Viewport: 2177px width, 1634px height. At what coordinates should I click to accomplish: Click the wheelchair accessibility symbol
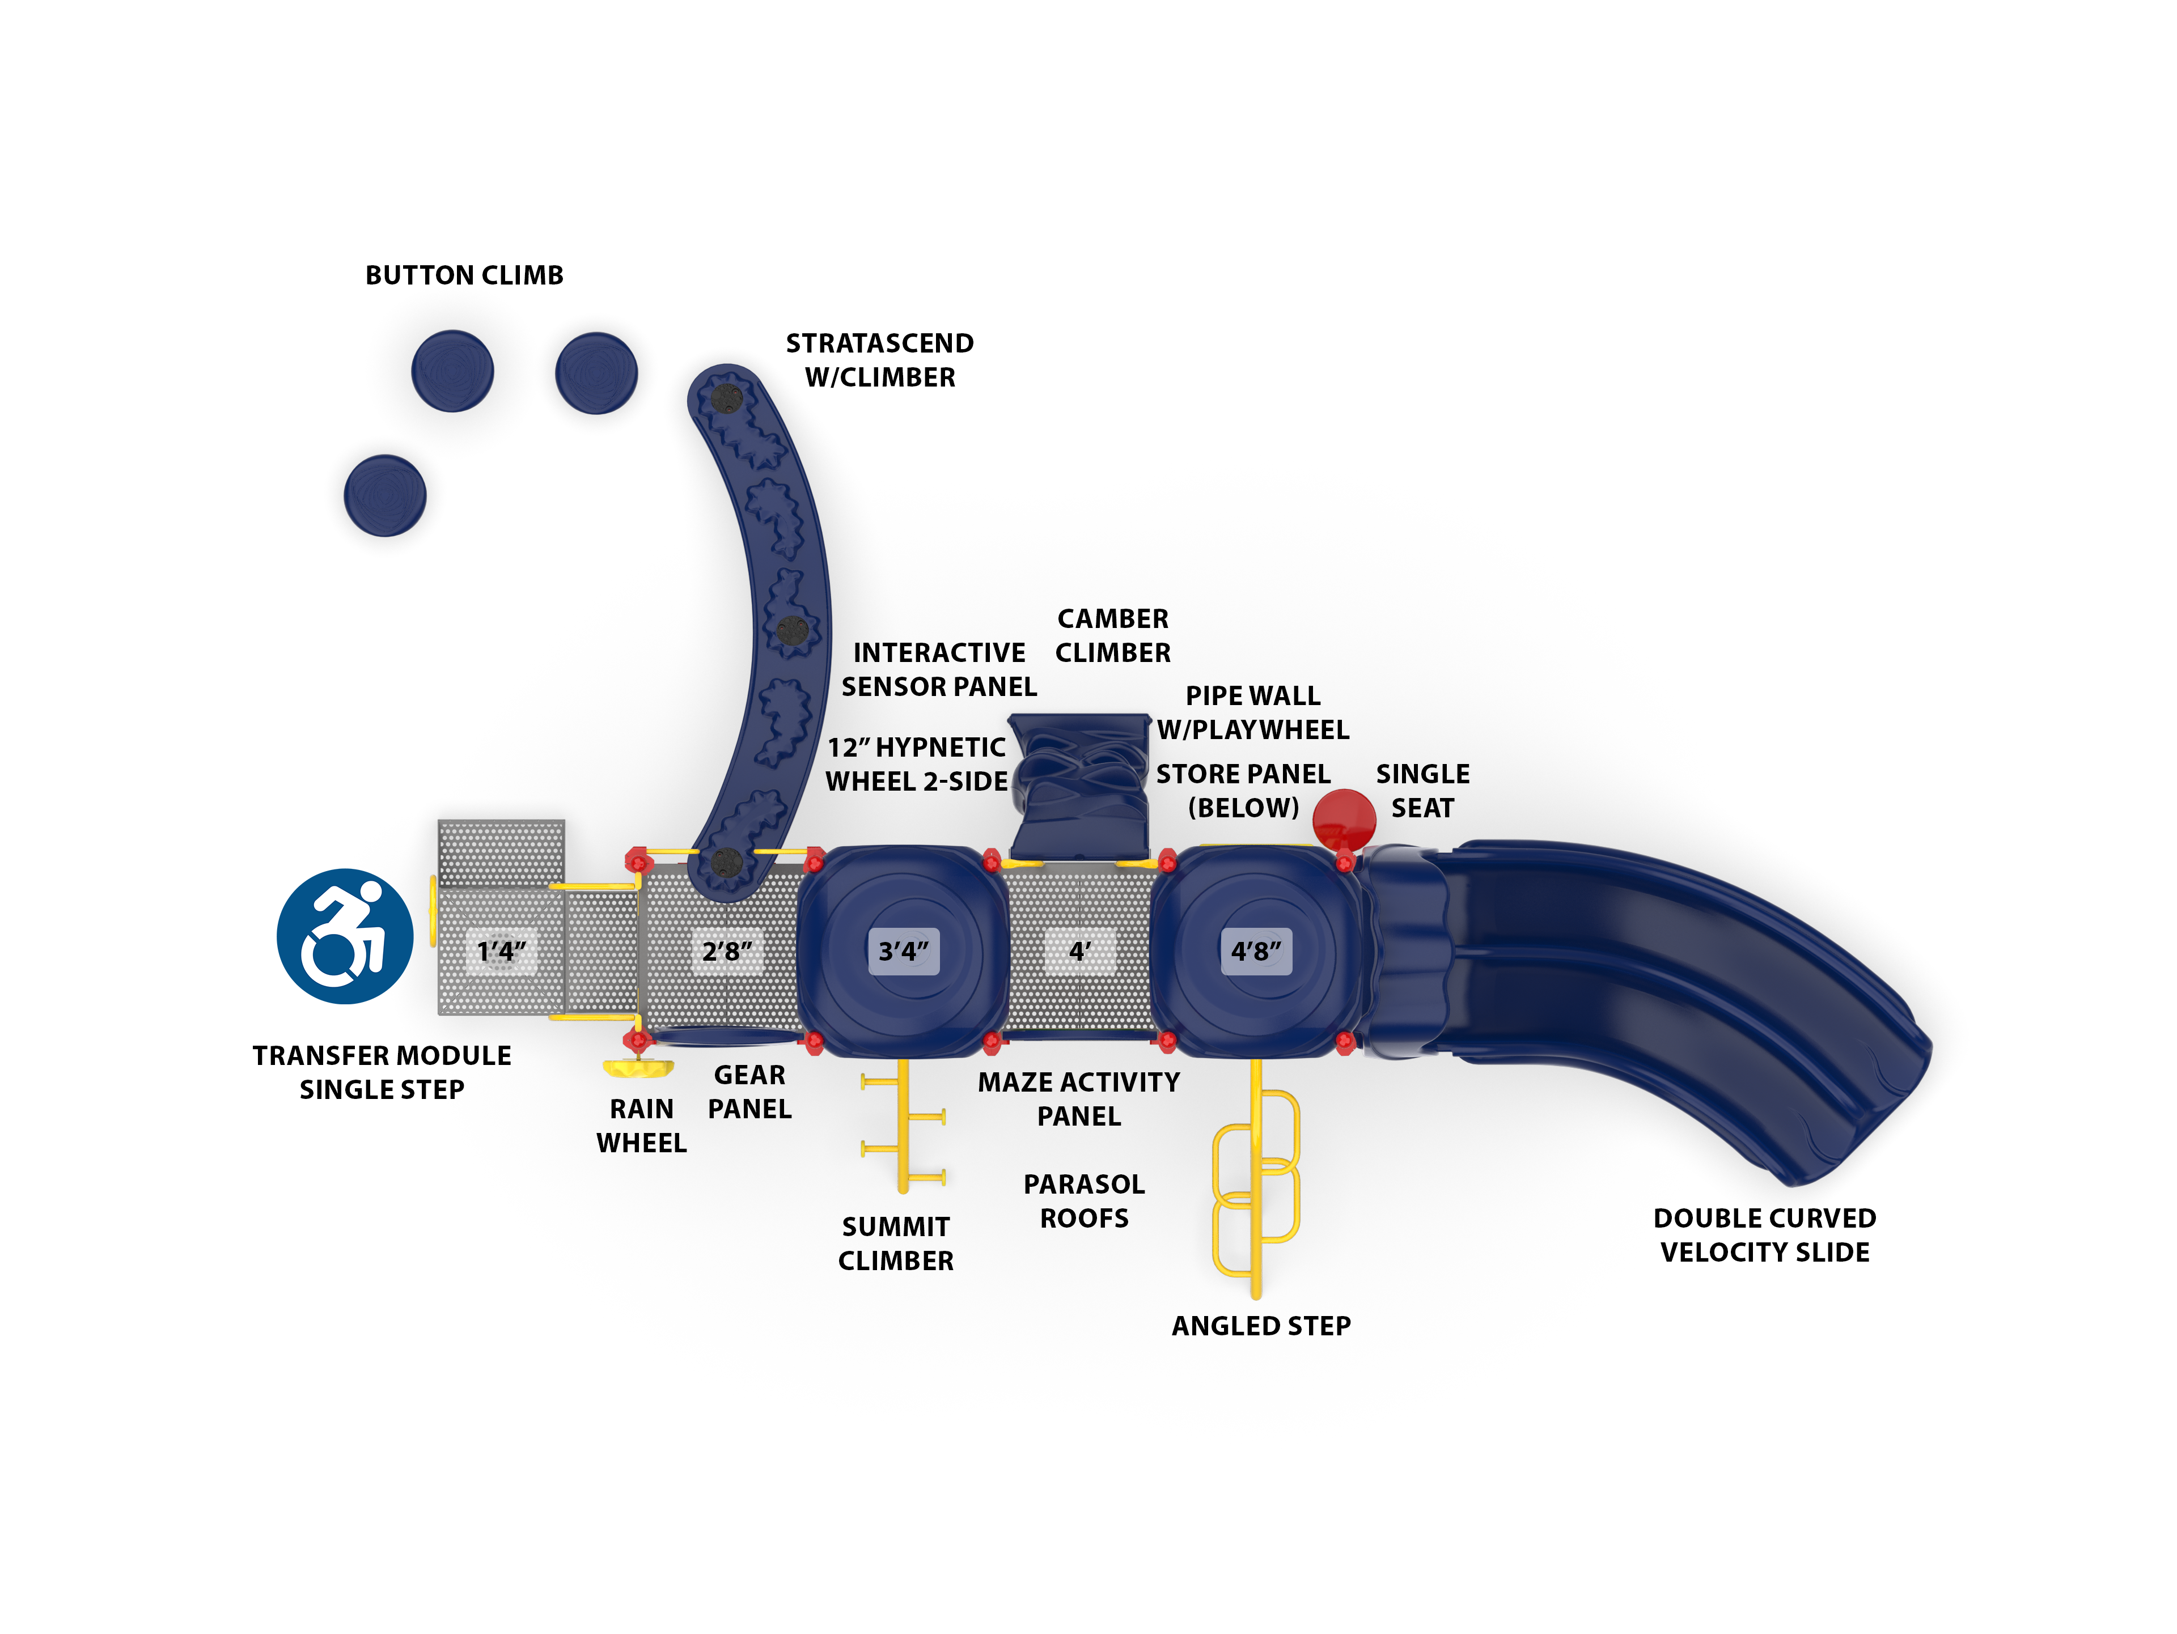tap(345, 936)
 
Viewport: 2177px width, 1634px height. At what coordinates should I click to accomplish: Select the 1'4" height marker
tap(501, 951)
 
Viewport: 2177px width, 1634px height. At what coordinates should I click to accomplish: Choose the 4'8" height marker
tap(1256, 951)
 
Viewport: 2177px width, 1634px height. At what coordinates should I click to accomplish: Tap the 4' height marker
tap(1079, 951)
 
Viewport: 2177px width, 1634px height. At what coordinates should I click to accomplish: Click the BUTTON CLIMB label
tap(464, 275)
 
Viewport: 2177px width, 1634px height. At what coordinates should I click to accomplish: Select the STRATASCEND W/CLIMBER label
tap(880, 360)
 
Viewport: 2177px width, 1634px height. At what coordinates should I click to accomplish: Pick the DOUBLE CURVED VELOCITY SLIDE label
tap(1765, 1234)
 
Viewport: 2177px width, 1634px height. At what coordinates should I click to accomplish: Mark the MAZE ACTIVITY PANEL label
tap(1079, 1099)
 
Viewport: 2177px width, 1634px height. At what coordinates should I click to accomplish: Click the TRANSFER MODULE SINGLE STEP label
tap(382, 1072)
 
